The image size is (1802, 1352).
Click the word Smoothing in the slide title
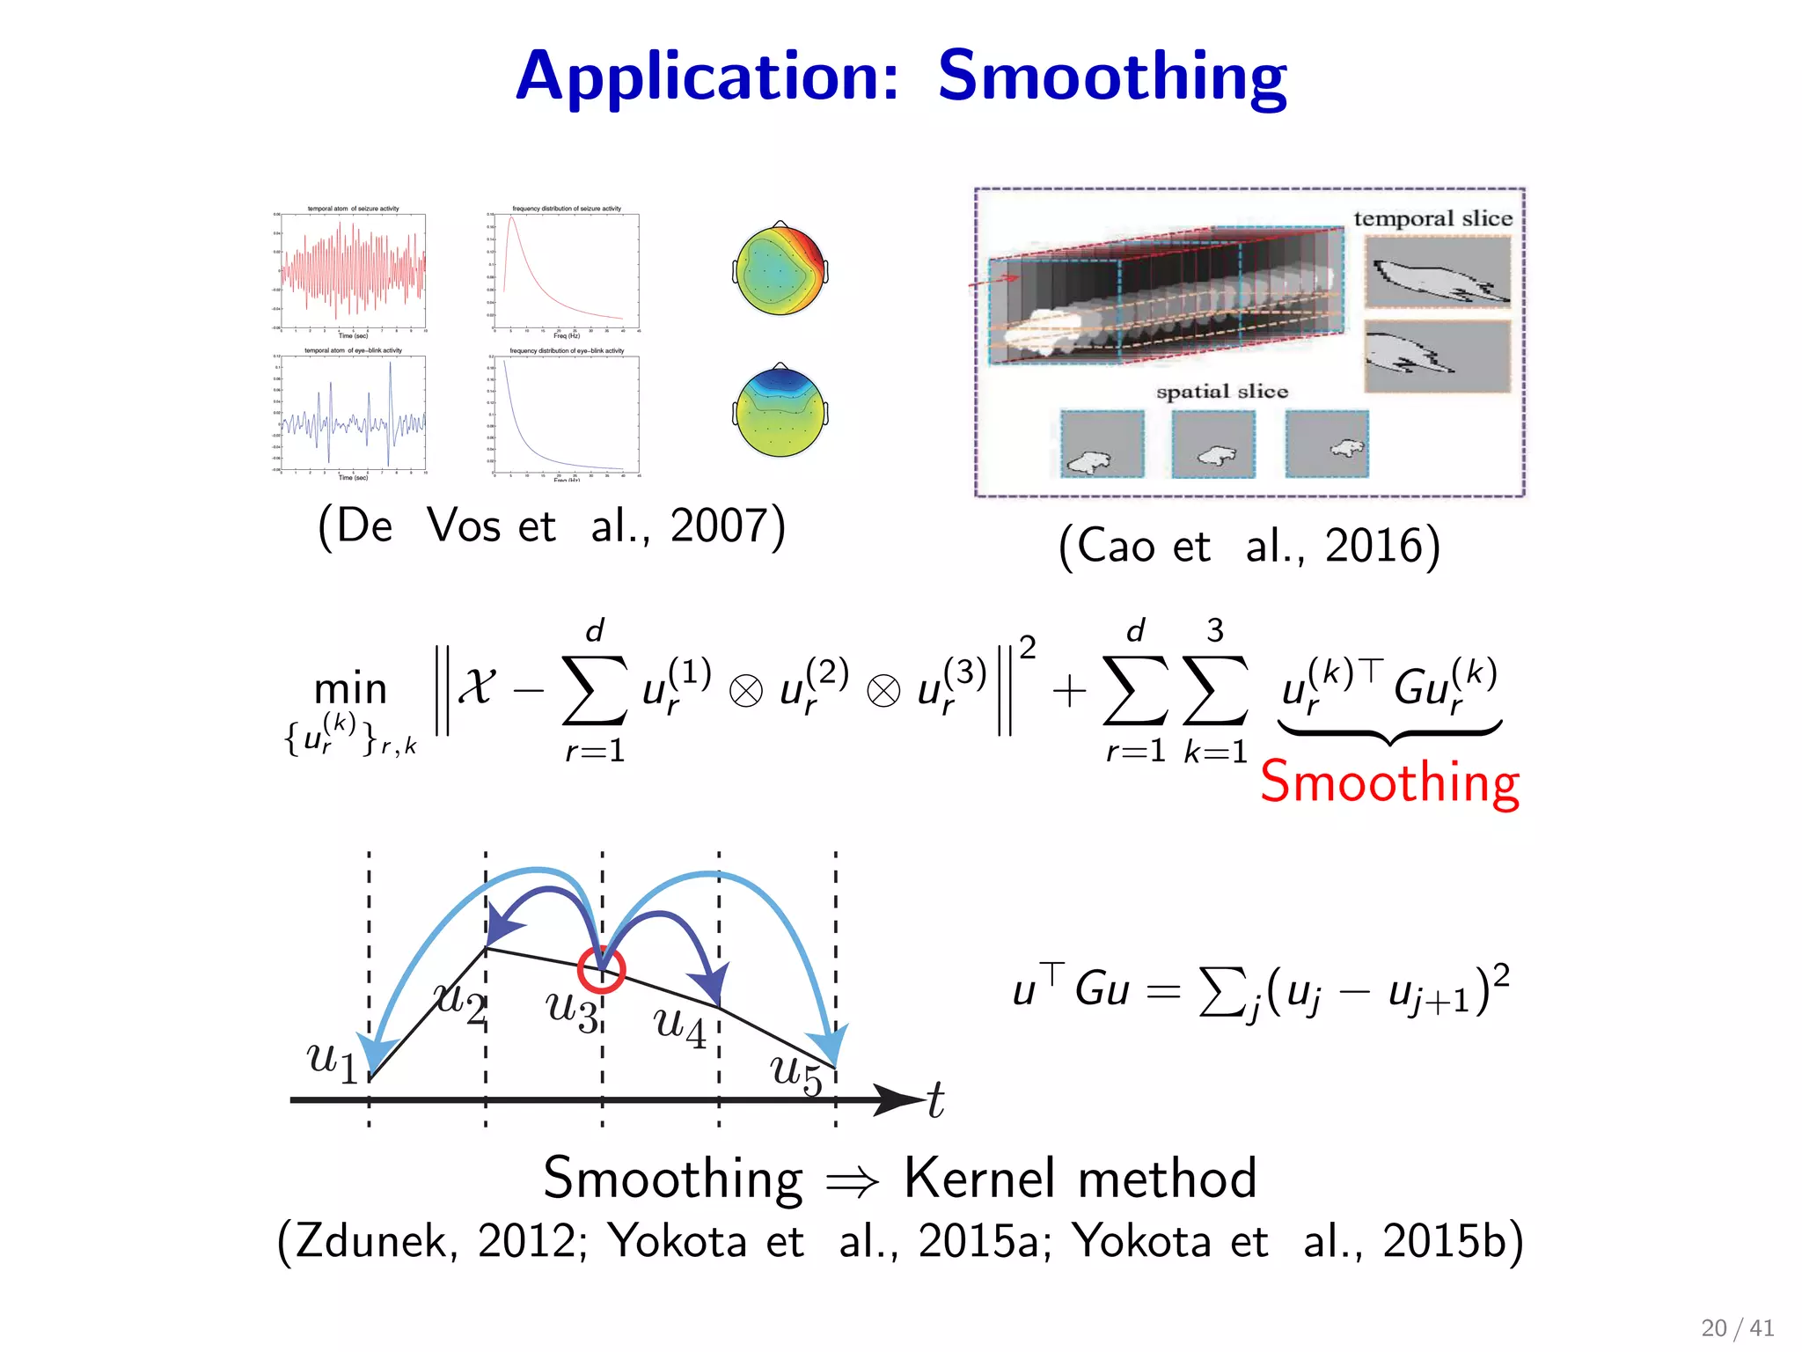coord(1111,77)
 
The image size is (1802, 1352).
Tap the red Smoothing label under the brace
coord(1389,782)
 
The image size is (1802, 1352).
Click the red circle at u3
coord(601,970)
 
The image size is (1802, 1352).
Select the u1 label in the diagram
coord(333,1060)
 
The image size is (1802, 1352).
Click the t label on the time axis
coord(935,1100)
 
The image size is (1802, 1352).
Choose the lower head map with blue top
coord(780,411)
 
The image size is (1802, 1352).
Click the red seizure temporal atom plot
coord(353,270)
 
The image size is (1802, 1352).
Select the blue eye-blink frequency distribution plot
coord(566,414)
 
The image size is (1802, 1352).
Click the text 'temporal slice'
coord(1432,218)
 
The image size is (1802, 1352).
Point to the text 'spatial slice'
coord(1221,392)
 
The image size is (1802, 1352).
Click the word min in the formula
coord(350,688)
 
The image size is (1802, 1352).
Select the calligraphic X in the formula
coord(478,685)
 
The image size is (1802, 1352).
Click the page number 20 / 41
coord(1737,1327)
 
